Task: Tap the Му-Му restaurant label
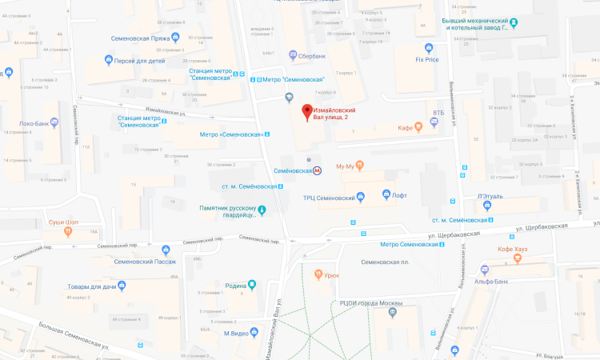pyautogui.click(x=345, y=166)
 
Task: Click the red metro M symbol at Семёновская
pyautogui.click(x=318, y=170)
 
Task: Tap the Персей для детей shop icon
pyautogui.click(x=110, y=60)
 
